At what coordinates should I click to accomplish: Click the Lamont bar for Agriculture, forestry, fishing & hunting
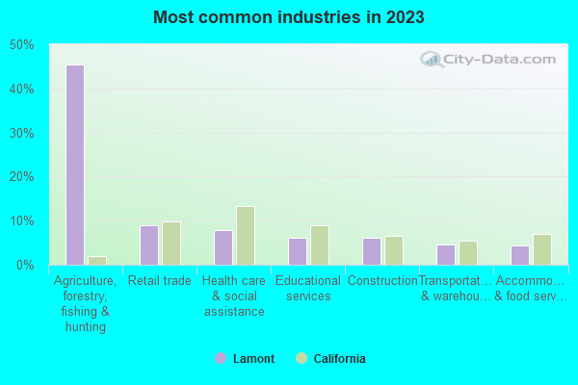(x=75, y=165)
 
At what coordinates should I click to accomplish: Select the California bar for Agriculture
(x=97, y=260)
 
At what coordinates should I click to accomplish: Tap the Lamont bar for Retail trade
(x=149, y=245)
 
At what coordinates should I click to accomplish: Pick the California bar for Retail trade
(x=171, y=244)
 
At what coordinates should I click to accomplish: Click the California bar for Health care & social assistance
(x=246, y=236)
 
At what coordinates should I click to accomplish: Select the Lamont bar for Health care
(x=223, y=247)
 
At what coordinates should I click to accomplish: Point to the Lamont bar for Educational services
(x=298, y=251)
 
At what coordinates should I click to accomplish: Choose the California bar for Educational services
(x=320, y=245)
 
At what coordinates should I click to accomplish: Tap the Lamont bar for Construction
(x=372, y=251)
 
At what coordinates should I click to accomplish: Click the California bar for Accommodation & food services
(x=542, y=249)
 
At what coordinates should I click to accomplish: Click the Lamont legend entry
(x=245, y=359)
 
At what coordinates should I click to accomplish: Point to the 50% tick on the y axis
(x=22, y=45)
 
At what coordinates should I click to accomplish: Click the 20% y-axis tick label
(x=22, y=177)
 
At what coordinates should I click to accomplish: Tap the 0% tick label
(x=25, y=265)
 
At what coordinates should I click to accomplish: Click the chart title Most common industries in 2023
(x=288, y=17)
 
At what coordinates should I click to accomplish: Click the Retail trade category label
(x=160, y=281)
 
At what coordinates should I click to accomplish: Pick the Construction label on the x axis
(x=382, y=281)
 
